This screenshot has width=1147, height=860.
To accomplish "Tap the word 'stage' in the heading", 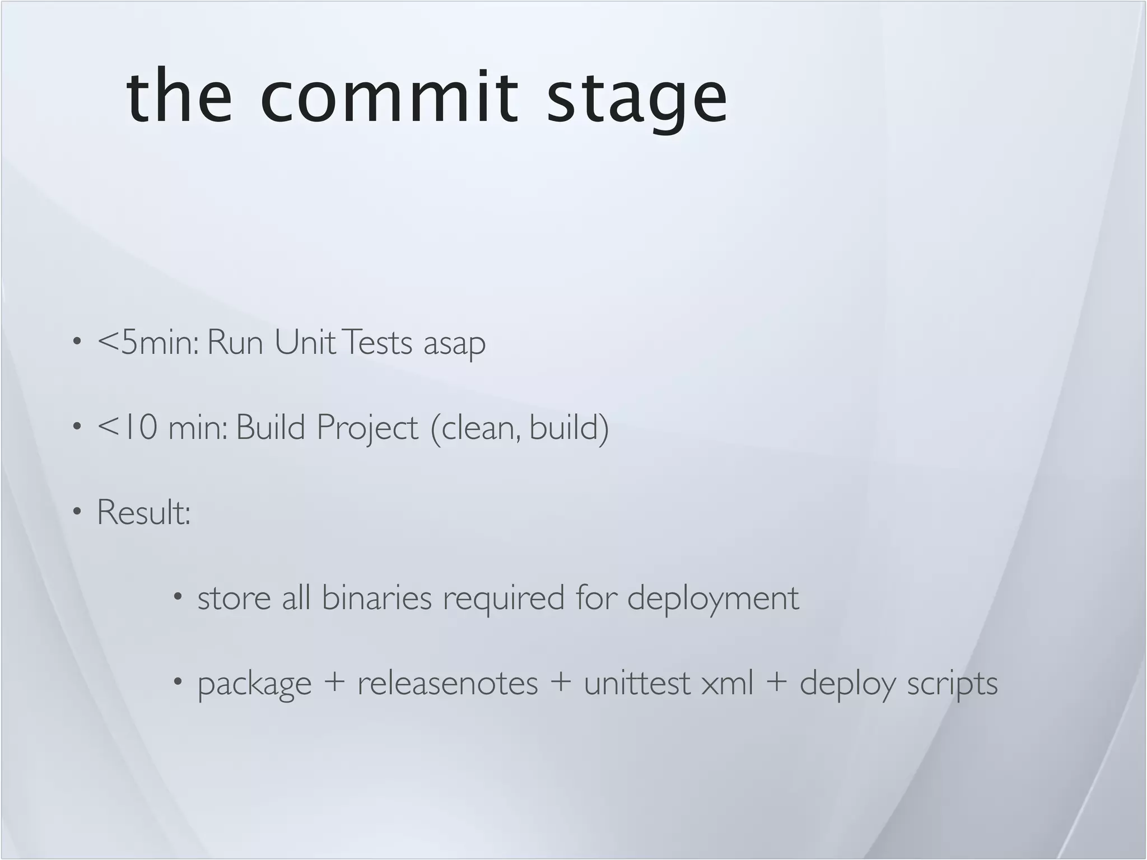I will [637, 100].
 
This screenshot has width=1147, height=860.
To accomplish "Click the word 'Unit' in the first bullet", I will [305, 342].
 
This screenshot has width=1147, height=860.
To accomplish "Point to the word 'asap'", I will [454, 344].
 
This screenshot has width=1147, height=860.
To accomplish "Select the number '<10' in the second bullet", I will [127, 428].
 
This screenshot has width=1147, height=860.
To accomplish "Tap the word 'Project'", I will [367, 429].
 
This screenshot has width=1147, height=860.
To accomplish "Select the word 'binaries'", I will [376, 598].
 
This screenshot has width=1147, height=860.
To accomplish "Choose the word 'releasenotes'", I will [447, 683].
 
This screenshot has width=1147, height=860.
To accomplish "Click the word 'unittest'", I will [637, 683].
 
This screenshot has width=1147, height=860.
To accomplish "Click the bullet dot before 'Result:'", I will [77, 511].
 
